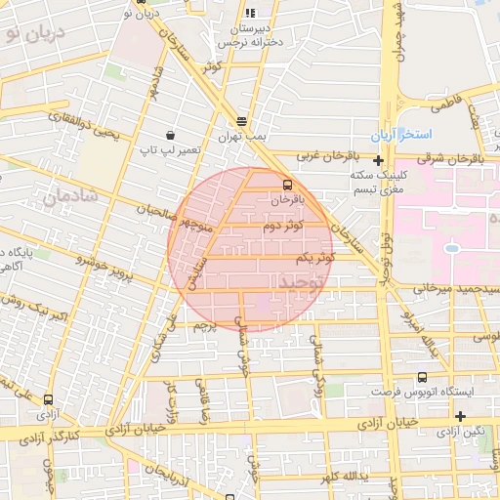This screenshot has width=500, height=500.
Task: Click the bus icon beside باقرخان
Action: tap(287, 184)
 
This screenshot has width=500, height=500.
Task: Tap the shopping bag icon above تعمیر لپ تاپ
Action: tap(172, 135)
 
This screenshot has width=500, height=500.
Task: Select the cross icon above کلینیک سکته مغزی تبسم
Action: tap(378, 159)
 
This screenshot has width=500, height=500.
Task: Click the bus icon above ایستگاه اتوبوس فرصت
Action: tap(422, 377)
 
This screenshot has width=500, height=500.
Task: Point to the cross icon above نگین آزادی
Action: tap(460, 416)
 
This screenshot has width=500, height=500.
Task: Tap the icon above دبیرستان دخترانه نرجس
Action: tap(250, 14)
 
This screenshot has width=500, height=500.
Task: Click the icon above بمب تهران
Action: tap(241, 122)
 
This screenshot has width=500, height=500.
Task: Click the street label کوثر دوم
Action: tap(283, 227)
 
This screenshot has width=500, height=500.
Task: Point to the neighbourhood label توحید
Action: tap(299, 282)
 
